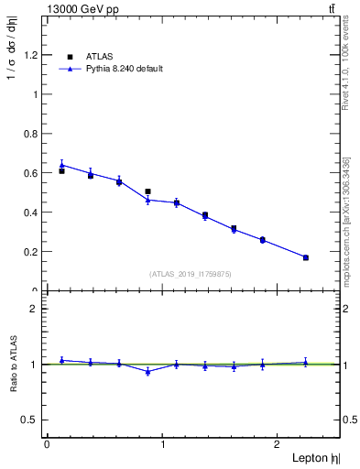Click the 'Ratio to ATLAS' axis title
pos(14,364)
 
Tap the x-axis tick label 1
pos(163,444)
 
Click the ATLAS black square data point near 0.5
pos(147,191)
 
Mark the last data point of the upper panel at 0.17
pos(305,257)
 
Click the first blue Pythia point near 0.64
pos(61,165)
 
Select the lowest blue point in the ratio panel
pos(147,372)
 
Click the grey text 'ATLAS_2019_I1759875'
pos(191,273)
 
